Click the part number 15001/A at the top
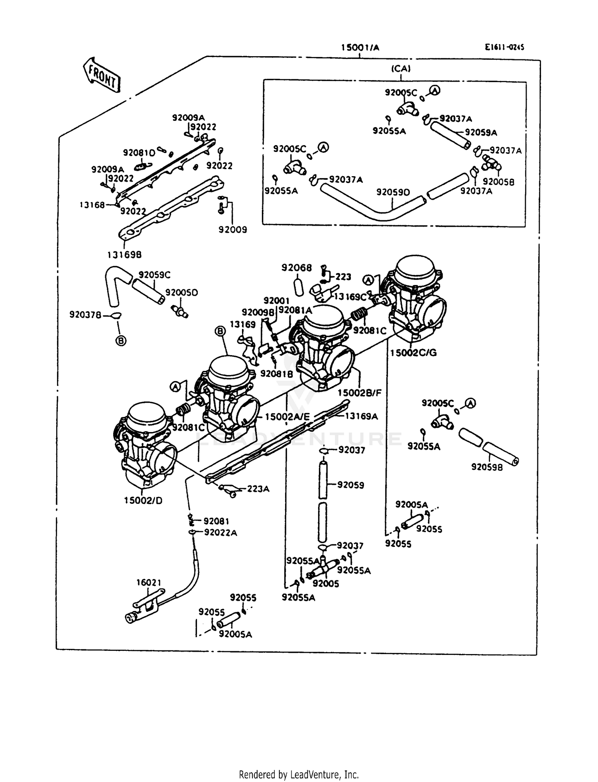[360, 48]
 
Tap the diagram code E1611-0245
[504, 47]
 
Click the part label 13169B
[124, 254]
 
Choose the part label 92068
[297, 268]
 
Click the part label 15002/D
[143, 501]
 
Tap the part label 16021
[149, 583]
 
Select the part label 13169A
[361, 416]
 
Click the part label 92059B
[487, 467]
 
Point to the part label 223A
[258, 489]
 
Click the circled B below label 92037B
[121, 340]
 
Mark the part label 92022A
[220, 532]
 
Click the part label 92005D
[181, 293]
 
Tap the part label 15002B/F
[360, 393]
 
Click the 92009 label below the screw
[232, 230]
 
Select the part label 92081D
[139, 153]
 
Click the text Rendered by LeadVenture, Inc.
[299, 774]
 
